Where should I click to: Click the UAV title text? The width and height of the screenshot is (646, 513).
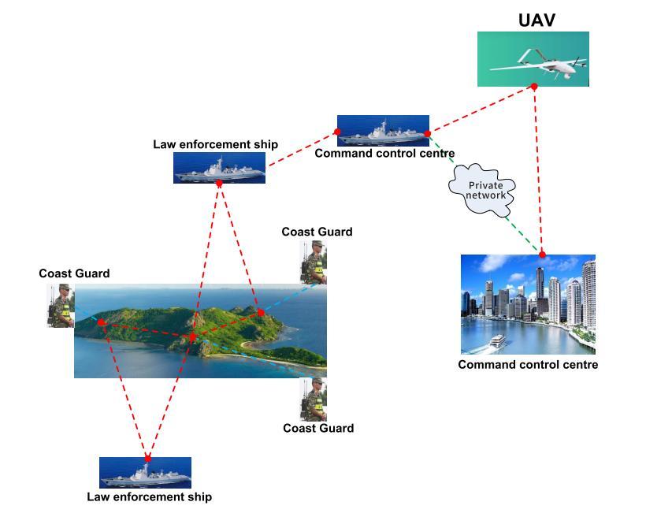536,20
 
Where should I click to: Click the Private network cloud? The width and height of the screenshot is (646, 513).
481,189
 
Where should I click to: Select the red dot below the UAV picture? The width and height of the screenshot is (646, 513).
533,87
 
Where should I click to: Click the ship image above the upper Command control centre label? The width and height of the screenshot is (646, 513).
383,130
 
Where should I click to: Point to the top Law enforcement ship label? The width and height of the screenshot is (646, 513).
215,144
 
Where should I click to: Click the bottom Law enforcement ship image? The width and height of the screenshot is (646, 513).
145,473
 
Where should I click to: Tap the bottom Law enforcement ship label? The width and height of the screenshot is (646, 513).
149,497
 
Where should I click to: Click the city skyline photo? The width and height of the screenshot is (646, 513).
528,304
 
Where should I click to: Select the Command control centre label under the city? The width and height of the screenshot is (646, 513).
528,365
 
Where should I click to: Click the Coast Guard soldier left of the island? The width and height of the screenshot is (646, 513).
60,306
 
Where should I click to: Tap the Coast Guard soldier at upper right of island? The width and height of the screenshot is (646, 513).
314,262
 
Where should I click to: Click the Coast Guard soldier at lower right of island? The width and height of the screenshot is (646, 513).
314,400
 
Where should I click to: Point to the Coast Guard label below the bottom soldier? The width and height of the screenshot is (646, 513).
318,429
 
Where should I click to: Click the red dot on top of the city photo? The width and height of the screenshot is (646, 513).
542,254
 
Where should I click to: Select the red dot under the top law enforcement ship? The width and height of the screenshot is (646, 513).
219,184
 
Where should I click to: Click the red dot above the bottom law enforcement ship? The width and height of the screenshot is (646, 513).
147,458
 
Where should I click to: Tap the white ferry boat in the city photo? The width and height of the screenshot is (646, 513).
496,341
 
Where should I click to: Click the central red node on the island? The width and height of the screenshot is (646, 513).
193,338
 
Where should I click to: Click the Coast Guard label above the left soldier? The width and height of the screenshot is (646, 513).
74,273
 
